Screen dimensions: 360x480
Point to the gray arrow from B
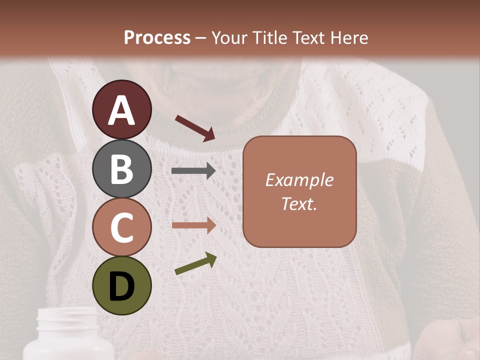click(193, 171)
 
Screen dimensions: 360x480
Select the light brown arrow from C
click(193, 225)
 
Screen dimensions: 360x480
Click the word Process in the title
click(157, 37)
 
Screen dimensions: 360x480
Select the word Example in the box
click(299, 180)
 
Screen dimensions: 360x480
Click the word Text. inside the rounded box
click(299, 203)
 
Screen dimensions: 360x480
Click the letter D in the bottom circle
click(121, 287)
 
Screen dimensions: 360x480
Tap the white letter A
click(121, 110)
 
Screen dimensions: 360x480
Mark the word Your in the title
click(229, 37)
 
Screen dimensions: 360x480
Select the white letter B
click(121, 169)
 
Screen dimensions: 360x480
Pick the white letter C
click(121, 228)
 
